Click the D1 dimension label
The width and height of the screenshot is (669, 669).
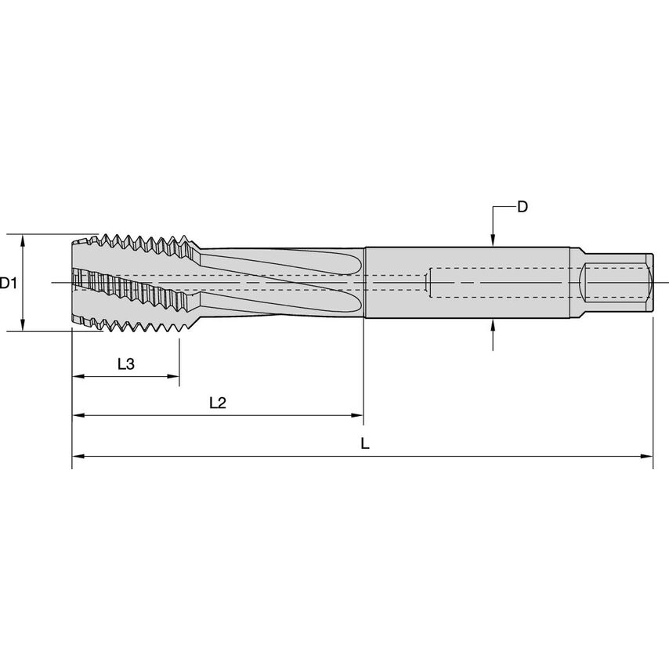(8, 283)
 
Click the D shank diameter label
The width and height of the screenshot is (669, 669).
(523, 207)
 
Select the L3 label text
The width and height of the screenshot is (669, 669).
(126, 364)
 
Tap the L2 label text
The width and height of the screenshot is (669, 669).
(218, 403)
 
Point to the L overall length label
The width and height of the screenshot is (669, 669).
(365, 443)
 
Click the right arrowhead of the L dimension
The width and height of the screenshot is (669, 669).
(647, 457)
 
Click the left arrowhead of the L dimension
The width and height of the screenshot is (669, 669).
(78, 457)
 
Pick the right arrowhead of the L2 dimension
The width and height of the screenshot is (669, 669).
(356, 415)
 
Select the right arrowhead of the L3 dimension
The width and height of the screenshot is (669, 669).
(173, 376)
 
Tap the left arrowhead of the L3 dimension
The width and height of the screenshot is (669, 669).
(79, 376)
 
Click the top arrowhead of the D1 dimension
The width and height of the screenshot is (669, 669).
(23, 240)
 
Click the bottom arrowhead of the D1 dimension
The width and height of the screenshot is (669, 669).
(23, 324)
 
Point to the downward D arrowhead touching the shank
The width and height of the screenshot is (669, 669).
(493, 240)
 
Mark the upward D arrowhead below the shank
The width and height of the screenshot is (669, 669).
(493, 325)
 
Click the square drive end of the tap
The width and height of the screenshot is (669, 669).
(617, 283)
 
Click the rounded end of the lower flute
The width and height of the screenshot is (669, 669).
(356, 302)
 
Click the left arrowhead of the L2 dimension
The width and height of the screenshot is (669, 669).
(79, 415)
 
